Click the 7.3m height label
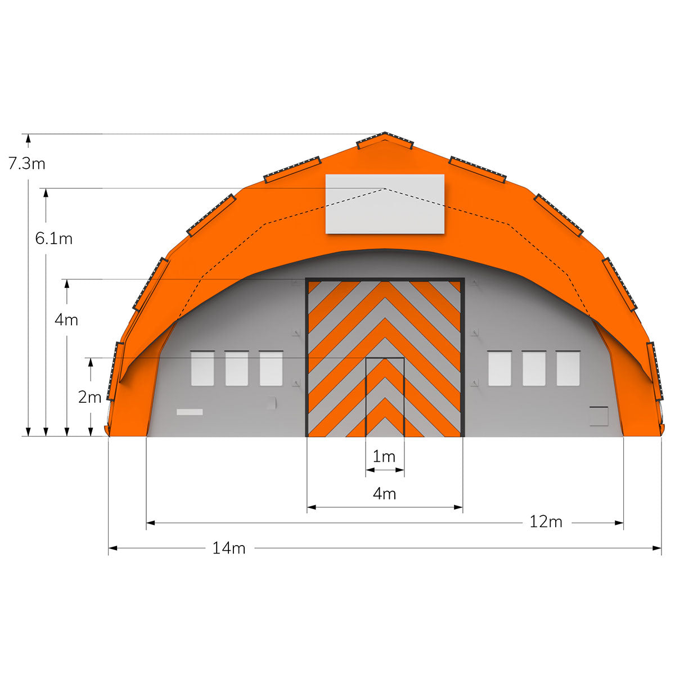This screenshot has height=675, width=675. pos(27,164)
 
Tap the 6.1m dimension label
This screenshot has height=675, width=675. pos(54,238)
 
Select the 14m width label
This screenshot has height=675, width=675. pos(229,548)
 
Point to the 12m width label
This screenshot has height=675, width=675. pos(546,522)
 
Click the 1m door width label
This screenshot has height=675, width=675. pos(384,456)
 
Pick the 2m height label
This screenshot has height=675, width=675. pos(89,397)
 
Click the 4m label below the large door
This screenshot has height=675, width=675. pos(385,494)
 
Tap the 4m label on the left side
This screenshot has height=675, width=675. pos(66,320)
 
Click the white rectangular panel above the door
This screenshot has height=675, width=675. pos(385,204)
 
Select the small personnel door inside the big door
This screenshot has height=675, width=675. pos(385,397)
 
